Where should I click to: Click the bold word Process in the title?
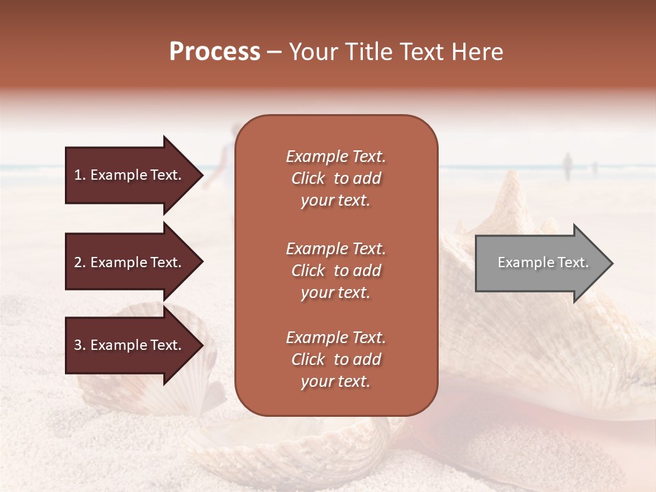pos(215,52)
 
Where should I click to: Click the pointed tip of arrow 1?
pos(201,175)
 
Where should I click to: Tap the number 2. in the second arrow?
pos(80,262)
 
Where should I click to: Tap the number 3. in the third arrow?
pos(80,346)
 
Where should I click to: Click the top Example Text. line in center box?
pos(336,156)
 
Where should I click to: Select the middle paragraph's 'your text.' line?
pos(336,292)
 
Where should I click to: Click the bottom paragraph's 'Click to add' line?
pos(336,359)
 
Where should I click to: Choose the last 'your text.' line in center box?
pos(336,381)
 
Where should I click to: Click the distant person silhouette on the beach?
pos(566,166)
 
